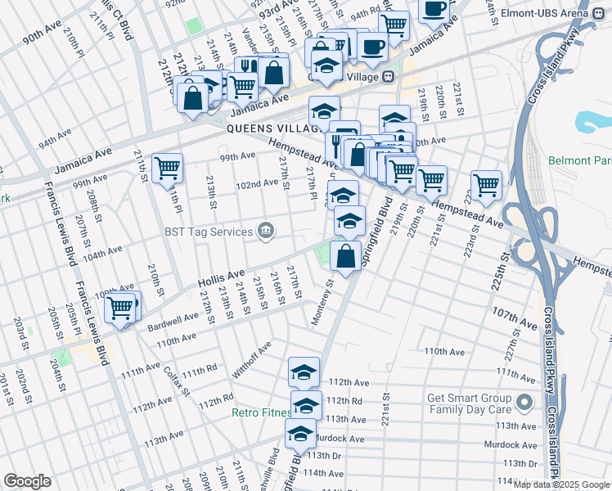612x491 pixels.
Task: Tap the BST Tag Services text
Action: pos(209,232)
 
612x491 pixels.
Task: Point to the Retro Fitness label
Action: pos(260,412)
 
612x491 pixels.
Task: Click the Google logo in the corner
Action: pos(27,480)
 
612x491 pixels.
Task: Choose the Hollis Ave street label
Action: pos(221,280)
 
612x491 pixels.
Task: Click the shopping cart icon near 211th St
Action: pos(167,168)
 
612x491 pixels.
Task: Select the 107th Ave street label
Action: pos(513,314)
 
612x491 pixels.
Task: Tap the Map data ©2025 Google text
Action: pos(562,484)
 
